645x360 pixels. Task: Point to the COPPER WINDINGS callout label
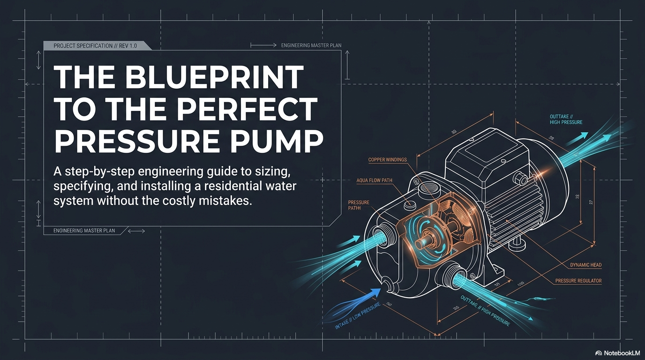coord(387,160)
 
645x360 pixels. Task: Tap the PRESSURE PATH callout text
coord(359,205)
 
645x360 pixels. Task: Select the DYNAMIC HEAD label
coord(585,265)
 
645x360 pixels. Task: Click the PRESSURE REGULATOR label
coord(578,281)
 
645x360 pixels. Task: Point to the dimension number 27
coord(591,202)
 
